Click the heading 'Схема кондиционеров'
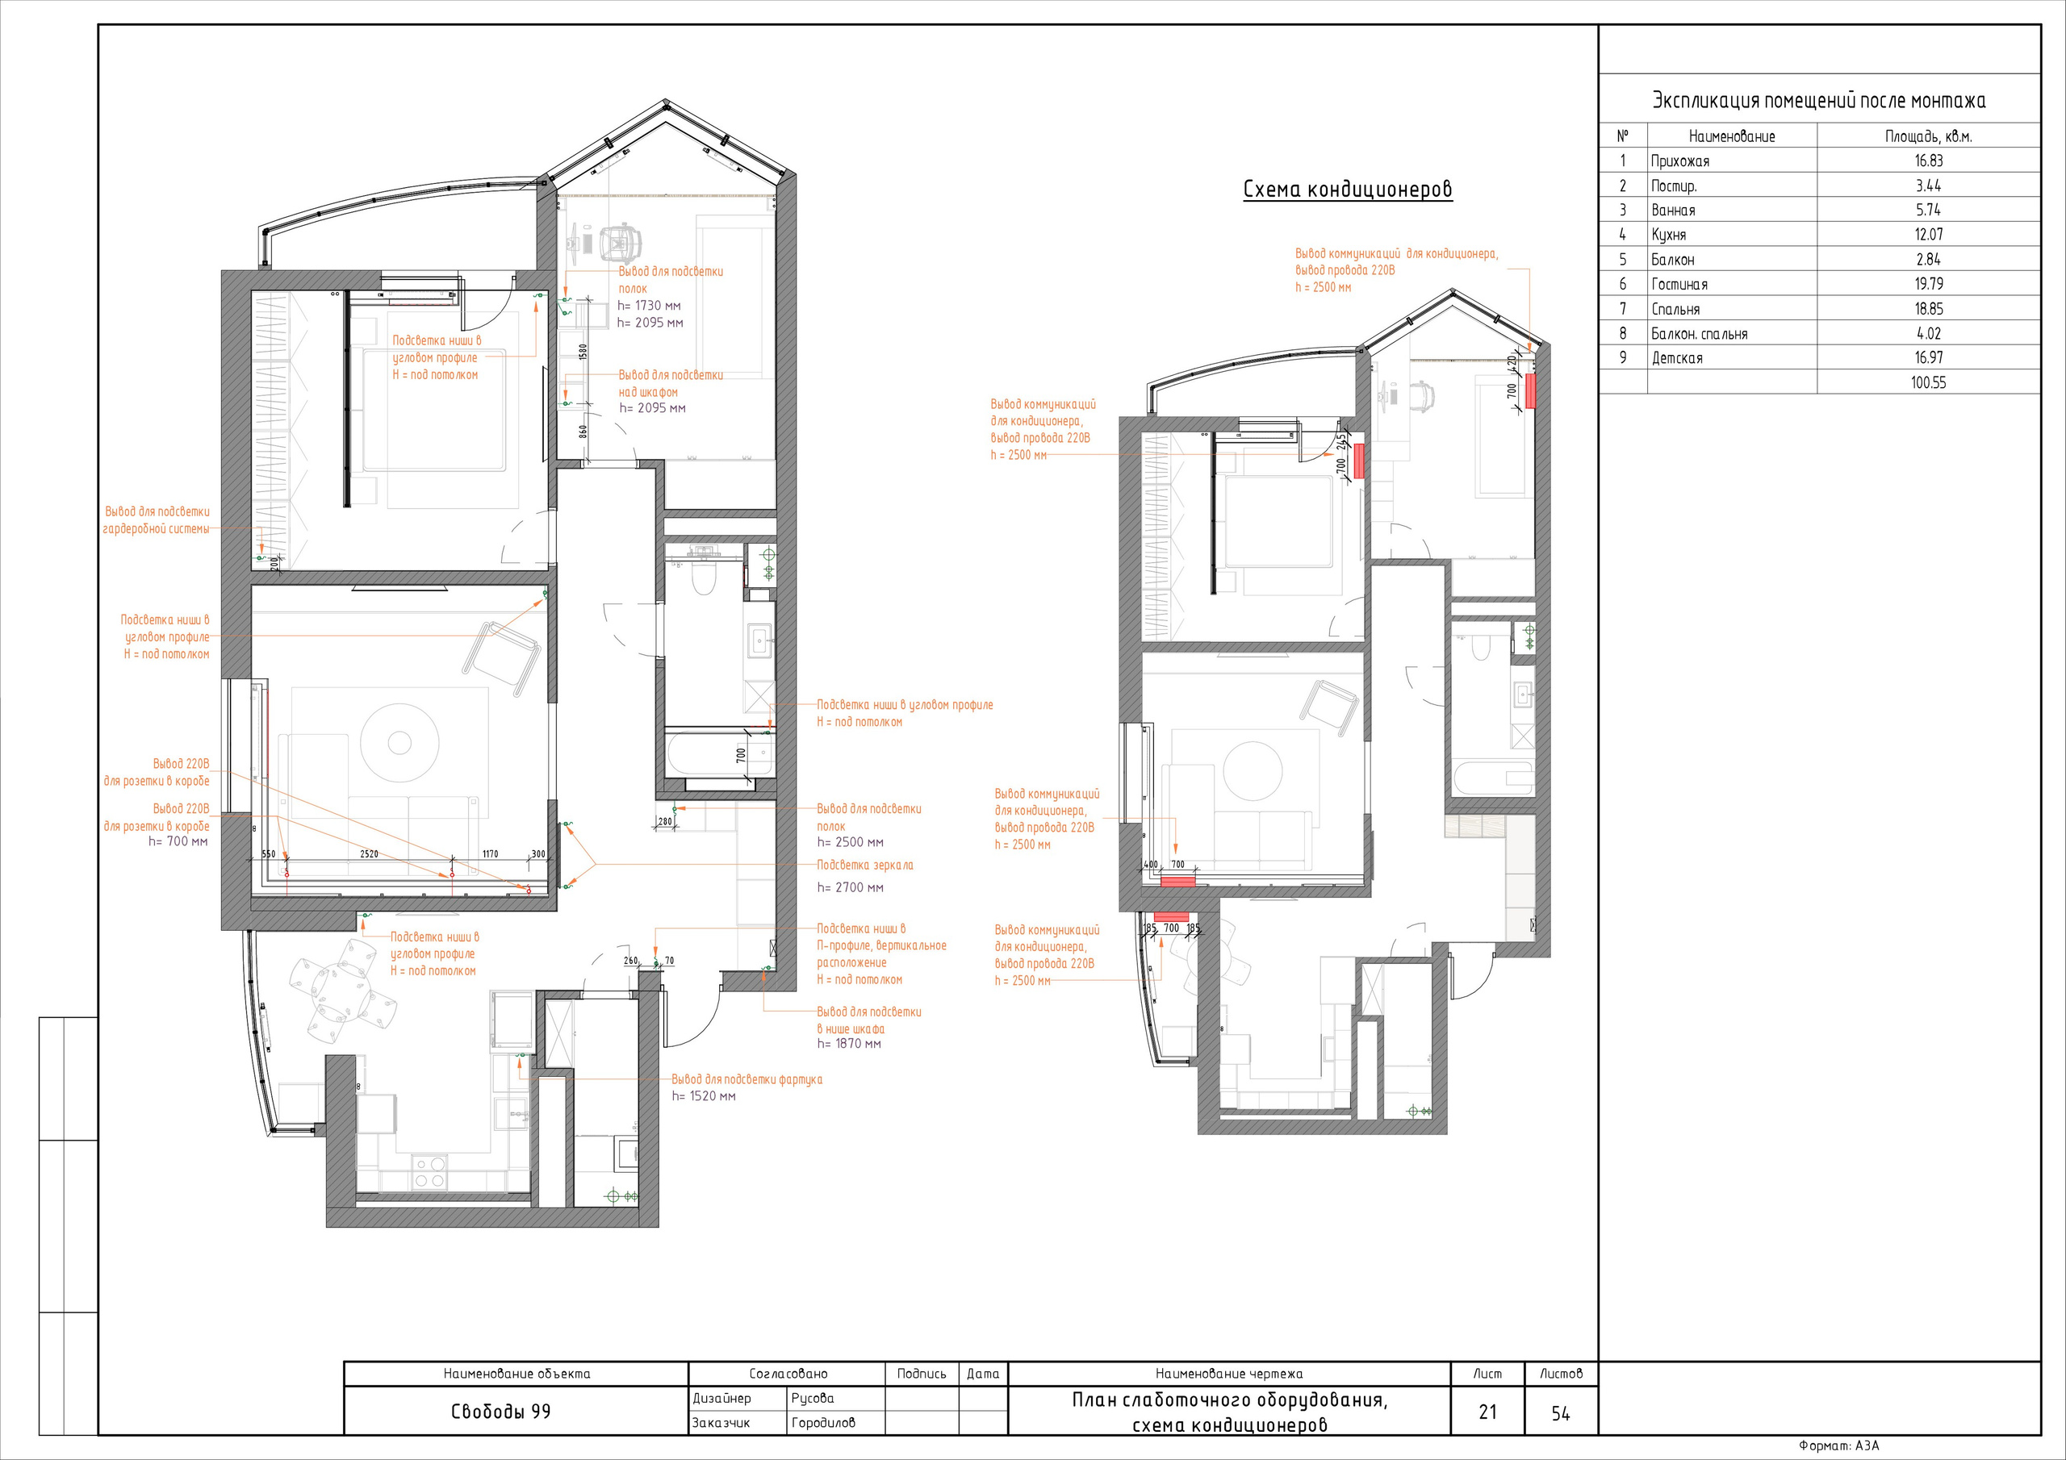(x=1348, y=190)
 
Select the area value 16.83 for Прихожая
(x=1928, y=161)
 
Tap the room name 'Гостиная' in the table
(x=1679, y=284)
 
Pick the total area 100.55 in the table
(x=1928, y=382)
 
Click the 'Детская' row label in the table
(x=1676, y=358)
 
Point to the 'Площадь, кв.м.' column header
(x=1928, y=137)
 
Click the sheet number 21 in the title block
(x=1487, y=1412)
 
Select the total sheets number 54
(x=1560, y=1413)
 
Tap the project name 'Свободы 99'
(x=500, y=1412)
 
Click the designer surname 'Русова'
(x=813, y=1398)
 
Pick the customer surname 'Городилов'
(x=823, y=1422)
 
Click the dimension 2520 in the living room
(x=369, y=853)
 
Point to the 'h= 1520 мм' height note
(x=704, y=1095)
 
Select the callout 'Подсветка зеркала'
(x=864, y=865)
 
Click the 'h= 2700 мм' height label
(x=851, y=887)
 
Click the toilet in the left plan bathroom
(x=704, y=576)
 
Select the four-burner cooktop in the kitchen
(x=429, y=1171)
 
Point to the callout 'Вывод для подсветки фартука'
(x=747, y=1079)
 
